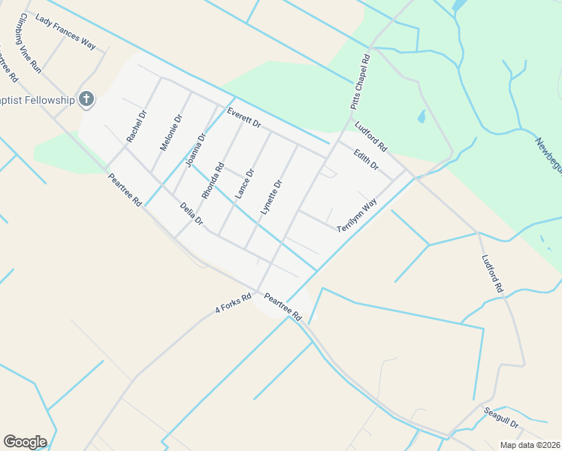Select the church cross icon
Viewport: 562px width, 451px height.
click(86, 98)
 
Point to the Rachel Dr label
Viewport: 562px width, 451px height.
click(137, 126)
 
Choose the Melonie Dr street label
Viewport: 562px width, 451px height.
click(167, 133)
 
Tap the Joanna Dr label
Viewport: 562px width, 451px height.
click(196, 150)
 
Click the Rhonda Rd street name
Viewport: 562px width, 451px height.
click(219, 178)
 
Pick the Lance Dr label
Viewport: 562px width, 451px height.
click(245, 183)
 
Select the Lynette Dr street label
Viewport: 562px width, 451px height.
click(270, 197)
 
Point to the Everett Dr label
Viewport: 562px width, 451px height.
click(243, 118)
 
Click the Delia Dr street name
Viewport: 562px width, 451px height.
click(192, 213)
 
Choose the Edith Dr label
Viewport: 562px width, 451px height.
click(366, 158)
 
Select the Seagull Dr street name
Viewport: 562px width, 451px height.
click(503, 419)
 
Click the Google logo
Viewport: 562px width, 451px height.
click(25, 442)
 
